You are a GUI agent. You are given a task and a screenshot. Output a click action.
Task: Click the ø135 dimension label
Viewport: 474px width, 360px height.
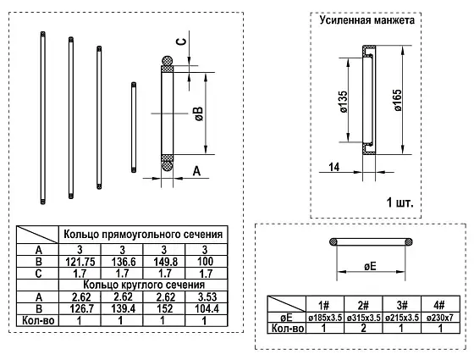tap(344, 102)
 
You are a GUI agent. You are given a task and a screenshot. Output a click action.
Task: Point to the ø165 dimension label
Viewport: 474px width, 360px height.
tap(399, 100)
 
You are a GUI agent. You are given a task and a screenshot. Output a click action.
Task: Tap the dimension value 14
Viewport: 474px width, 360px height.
tap(334, 167)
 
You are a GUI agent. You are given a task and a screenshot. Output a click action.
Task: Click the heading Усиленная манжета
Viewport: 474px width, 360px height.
tap(367, 20)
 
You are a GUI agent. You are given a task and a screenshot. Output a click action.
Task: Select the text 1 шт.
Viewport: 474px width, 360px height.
tap(400, 202)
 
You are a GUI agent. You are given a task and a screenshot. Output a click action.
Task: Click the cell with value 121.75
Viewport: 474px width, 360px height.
tap(80, 262)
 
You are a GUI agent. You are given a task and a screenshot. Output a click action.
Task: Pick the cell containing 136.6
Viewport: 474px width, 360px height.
tap(122, 262)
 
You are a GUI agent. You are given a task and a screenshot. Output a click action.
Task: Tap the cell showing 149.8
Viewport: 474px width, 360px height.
tap(164, 262)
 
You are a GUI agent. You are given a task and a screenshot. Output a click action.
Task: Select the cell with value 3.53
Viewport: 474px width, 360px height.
tap(207, 297)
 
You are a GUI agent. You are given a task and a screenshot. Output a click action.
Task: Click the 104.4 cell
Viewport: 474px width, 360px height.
tap(207, 309)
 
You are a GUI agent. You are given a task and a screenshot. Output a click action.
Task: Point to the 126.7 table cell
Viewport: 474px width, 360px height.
tap(80, 309)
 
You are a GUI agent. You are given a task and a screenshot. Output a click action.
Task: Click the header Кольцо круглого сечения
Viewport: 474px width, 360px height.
tap(144, 285)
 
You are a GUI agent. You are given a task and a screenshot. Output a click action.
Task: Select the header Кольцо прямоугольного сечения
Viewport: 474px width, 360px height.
tap(143, 235)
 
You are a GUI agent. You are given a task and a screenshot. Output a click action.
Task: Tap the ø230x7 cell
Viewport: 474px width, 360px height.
tap(440, 318)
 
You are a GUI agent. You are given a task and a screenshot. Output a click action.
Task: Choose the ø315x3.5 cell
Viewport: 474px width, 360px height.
tap(363, 318)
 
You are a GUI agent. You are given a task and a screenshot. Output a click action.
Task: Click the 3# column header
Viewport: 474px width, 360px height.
tap(402, 305)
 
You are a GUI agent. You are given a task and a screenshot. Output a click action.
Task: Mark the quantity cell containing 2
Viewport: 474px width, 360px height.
tap(363, 328)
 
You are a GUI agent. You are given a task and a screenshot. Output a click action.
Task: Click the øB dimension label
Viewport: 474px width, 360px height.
tap(199, 114)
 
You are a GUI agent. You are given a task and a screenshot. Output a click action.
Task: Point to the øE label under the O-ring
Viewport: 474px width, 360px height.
tap(370, 266)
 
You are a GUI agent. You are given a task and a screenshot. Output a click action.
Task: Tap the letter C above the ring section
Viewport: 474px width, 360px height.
tap(181, 41)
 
